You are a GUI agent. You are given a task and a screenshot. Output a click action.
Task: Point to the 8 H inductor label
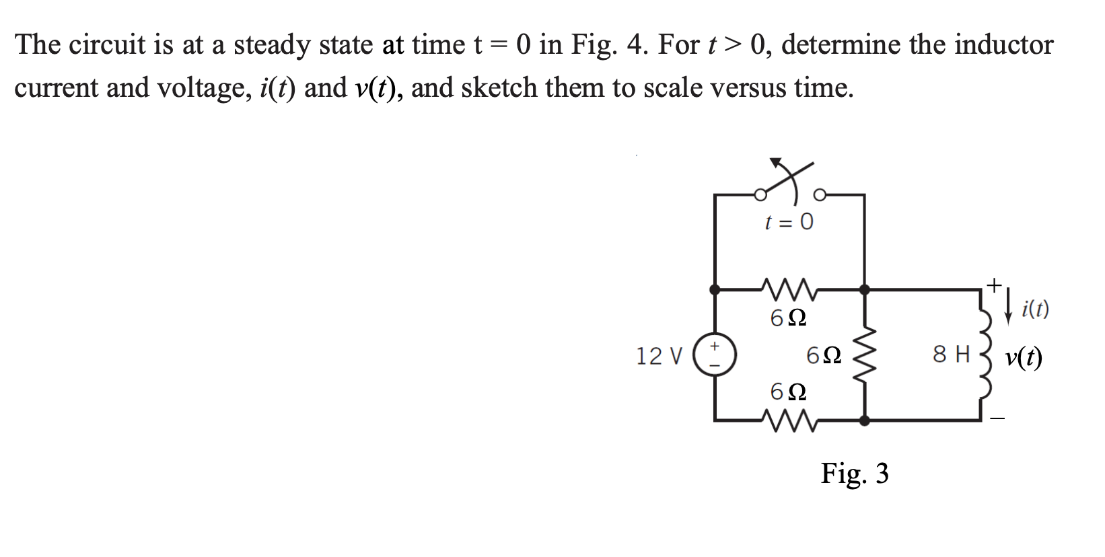pyautogui.click(x=952, y=354)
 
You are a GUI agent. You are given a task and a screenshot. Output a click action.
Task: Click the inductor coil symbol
pyautogui.click(x=984, y=355)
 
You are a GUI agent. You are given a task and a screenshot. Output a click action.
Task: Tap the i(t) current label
pyautogui.click(x=1035, y=309)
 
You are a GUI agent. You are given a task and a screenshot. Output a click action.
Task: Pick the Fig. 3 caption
pyautogui.click(x=855, y=474)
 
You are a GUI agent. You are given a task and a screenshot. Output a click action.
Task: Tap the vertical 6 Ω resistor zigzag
pyautogui.click(x=865, y=355)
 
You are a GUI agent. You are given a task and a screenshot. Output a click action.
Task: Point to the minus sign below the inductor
pyautogui.click(x=997, y=420)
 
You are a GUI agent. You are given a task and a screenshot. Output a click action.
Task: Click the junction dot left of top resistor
pyautogui.click(x=715, y=290)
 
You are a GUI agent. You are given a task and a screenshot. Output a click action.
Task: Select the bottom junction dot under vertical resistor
pyautogui.click(x=865, y=421)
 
